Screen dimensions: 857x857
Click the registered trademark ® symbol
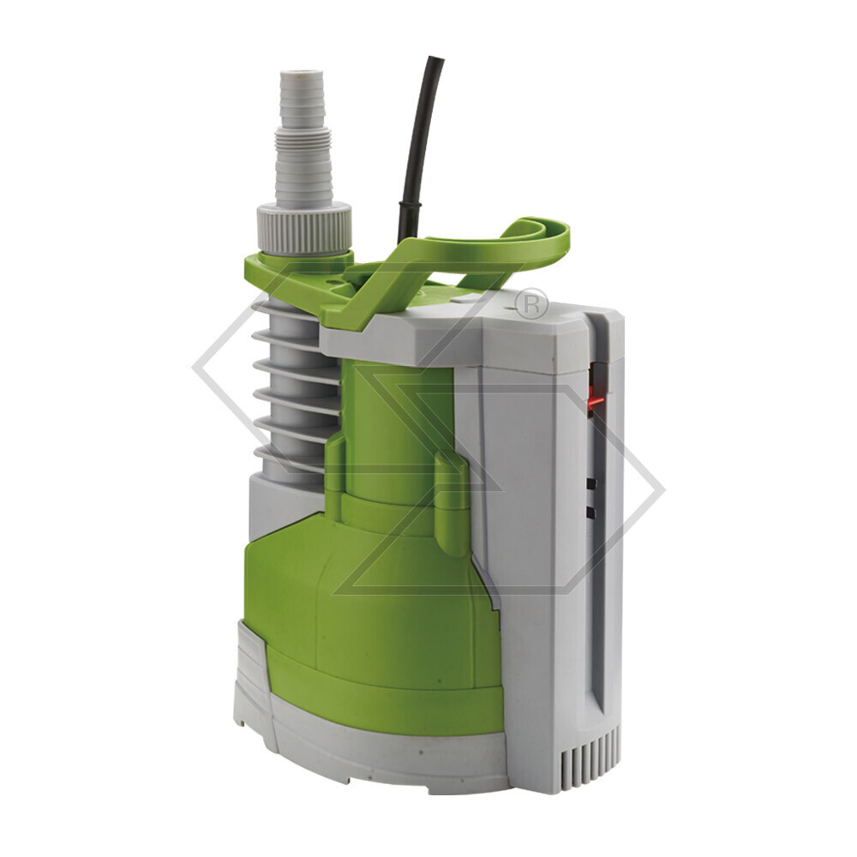(x=531, y=303)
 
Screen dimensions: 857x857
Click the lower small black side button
(x=590, y=512)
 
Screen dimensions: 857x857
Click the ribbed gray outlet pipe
(x=291, y=386)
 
